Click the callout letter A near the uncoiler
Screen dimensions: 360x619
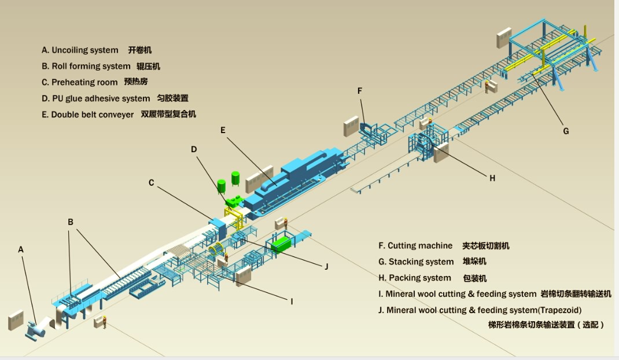click(x=21, y=249)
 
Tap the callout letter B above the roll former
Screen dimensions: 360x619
click(x=70, y=222)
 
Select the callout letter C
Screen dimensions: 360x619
click(x=152, y=183)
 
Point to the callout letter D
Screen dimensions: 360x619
click(x=194, y=149)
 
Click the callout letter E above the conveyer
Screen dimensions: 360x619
click(x=223, y=130)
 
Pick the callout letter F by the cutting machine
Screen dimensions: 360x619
click(x=360, y=91)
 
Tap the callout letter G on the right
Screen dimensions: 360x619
click(x=566, y=131)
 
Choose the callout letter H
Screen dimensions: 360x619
click(x=492, y=178)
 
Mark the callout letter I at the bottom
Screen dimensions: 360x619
click(x=292, y=301)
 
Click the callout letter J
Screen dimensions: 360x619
click(x=326, y=266)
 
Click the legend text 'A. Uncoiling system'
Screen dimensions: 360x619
click(x=80, y=50)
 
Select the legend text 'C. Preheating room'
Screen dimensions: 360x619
click(x=80, y=82)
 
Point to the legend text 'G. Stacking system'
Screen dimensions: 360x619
click(x=416, y=262)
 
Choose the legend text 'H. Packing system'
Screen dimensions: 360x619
click(x=415, y=278)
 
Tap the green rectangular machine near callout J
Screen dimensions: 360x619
click(x=282, y=244)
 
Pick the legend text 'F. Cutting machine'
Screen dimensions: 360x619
click(x=415, y=246)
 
